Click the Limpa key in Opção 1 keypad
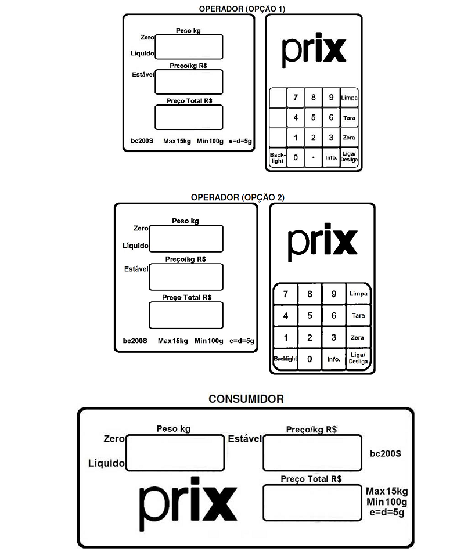(349, 98)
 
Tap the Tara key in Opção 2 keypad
(358, 316)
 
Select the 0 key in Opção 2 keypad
(310, 359)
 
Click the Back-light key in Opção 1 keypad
(278, 157)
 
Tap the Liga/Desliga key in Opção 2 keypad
(358, 358)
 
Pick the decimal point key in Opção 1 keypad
(313, 157)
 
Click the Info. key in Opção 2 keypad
(333, 359)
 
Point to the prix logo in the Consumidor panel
(188, 503)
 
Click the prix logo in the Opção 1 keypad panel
(314, 50)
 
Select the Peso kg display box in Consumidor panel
(175, 453)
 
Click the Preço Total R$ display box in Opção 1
(189, 117)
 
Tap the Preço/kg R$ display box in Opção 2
(186, 277)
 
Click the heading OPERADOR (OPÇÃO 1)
(242, 9)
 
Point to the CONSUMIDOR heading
(246, 399)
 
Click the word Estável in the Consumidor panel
(244, 438)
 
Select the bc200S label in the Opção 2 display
(135, 341)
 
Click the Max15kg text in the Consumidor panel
(387, 491)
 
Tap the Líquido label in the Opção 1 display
(142, 53)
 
